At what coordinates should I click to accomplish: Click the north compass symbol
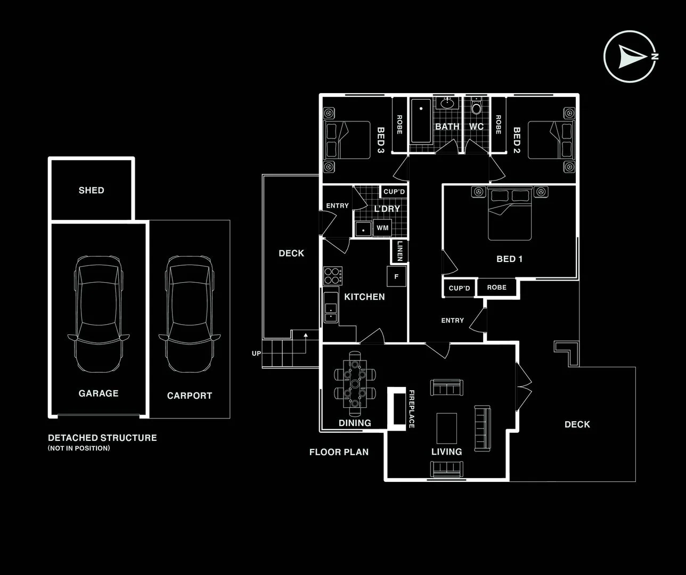(x=630, y=56)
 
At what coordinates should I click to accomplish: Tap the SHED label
(x=91, y=190)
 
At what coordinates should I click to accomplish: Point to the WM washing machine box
(x=382, y=228)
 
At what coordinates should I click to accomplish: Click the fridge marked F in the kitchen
(x=396, y=277)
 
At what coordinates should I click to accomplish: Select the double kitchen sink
(x=331, y=313)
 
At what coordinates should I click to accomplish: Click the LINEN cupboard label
(x=400, y=251)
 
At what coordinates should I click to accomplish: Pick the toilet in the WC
(x=477, y=108)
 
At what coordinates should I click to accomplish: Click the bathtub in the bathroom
(x=421, y=121)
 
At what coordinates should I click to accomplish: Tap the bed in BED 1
(x=510, y=214)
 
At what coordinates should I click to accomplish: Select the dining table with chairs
(x=355, y=383)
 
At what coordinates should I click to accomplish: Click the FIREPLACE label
(x=411, y=409)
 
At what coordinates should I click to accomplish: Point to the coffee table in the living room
(x=446, y=428)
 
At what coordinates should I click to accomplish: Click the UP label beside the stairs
(x=256, y=353)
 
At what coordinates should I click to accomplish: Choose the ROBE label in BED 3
(x=399, y=125)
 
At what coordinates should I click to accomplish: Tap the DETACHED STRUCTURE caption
(x=102, y=438)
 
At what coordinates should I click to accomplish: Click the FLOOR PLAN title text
(x=339, y=452)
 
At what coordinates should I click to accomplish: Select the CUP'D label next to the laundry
(x=394, y=192)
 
